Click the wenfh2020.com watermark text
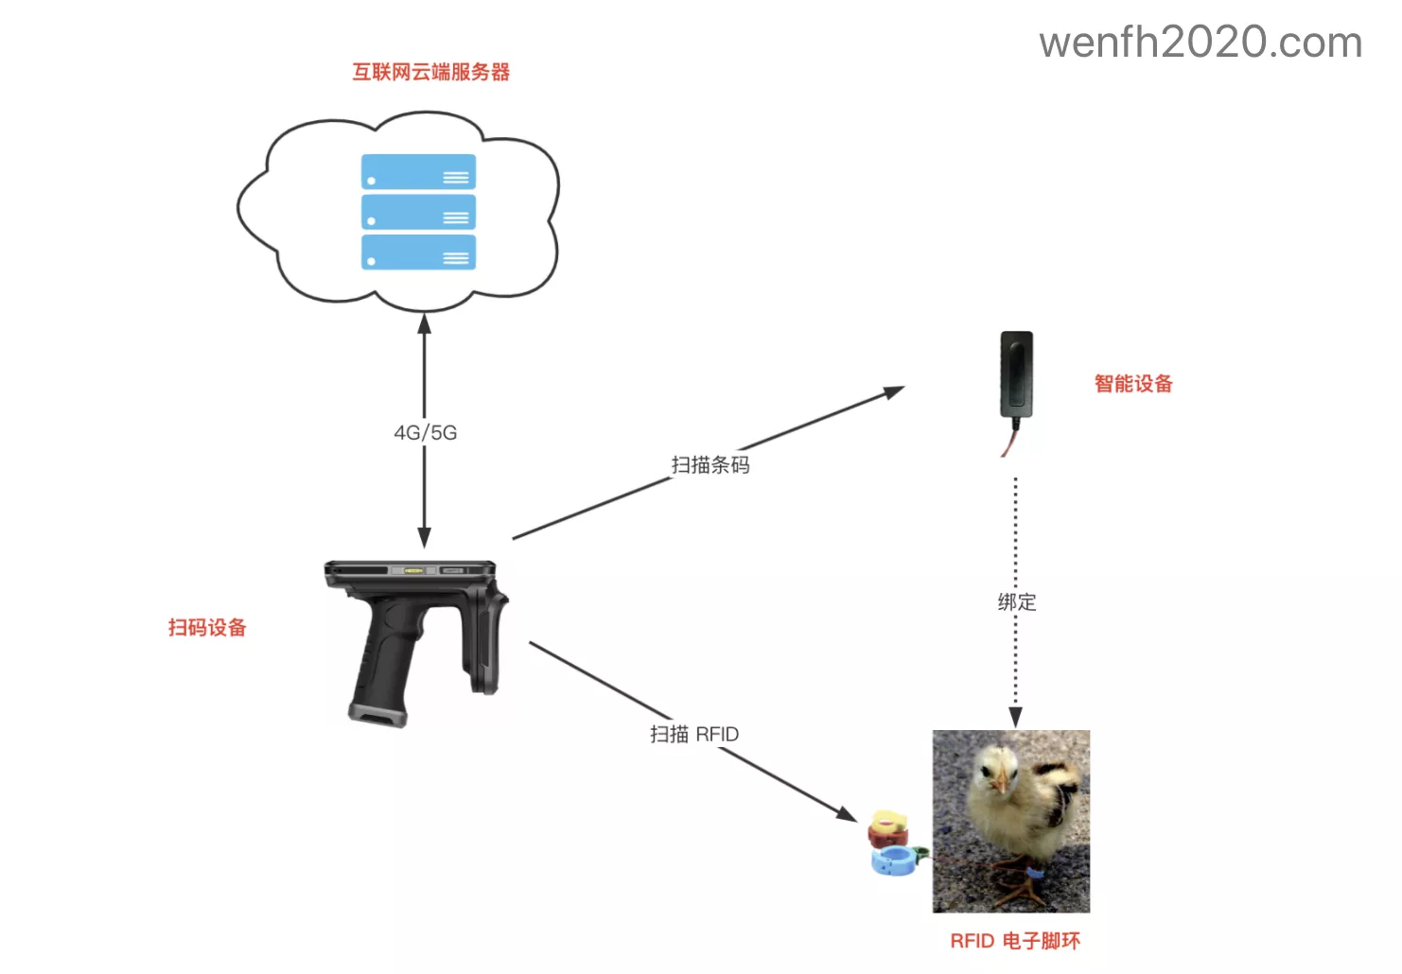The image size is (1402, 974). (1200, 43)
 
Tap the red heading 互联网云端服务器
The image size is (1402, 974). (430, 72)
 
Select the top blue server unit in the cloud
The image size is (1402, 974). (418, 172)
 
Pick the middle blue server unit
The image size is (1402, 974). (418, 213)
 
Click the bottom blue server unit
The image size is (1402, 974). (418, 252)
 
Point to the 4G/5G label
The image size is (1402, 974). (425, 432)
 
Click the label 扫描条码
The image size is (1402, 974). (710, 464)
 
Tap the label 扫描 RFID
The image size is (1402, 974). (693, 734)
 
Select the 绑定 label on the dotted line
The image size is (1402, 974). (1016, 601)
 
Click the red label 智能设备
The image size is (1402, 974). (1132, 383)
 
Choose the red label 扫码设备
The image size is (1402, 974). (206, 627)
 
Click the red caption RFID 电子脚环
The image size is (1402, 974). (1014, 940)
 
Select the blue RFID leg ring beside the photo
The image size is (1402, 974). (894, 861)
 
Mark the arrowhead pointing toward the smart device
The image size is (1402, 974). (893, 391)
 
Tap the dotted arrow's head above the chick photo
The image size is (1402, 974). (1015, 718)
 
